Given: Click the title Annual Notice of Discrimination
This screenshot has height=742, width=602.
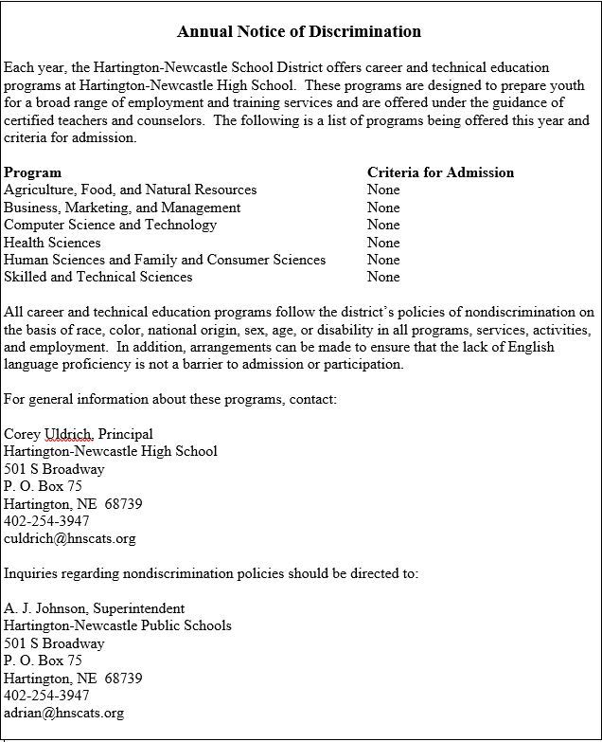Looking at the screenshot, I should [299, 32].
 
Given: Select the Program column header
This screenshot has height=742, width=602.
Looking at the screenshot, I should [33, 172].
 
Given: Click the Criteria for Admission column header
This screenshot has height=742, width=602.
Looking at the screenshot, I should [440, 172].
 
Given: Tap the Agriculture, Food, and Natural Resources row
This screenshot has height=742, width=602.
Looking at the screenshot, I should [130, 190].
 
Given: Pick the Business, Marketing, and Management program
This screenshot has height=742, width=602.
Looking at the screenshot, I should [122, 208].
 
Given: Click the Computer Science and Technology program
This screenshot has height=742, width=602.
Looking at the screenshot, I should [110, 225].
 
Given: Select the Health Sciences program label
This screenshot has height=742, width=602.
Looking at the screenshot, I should [52, 243].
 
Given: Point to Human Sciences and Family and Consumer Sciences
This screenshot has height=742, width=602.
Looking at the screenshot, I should [165, 260].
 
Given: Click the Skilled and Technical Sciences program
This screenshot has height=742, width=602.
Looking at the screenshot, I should [97, 277].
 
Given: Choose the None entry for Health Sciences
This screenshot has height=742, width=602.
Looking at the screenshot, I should [383, 243].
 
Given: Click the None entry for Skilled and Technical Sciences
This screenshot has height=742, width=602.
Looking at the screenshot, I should [383, 277].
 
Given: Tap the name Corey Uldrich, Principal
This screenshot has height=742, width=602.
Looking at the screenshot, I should [79, 434].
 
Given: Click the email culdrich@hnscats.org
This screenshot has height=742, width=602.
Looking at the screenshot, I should [70, 538].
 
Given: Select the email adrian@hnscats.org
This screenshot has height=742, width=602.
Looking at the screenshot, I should [63, 713].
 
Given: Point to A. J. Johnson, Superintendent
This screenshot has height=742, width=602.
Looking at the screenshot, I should [95, 608].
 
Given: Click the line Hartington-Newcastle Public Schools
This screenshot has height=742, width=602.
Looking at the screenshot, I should [117, 625].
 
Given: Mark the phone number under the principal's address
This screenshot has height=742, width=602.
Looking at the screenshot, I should [47, 521].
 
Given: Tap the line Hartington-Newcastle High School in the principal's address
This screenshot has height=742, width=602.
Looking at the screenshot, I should [111, 451].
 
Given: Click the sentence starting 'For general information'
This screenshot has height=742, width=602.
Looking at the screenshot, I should [170, 399].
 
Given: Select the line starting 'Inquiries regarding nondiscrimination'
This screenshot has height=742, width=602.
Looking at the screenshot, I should [211, 573].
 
